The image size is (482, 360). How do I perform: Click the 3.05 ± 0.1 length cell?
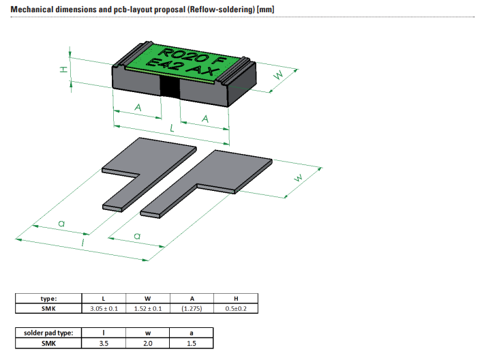tap(103, 308)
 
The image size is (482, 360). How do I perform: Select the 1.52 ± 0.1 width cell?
tap(147, 308)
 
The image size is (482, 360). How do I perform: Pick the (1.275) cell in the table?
tap(192, 308)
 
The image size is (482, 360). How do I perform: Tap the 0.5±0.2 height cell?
tap(236, 308)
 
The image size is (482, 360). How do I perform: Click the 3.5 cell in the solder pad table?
tap(103, 343)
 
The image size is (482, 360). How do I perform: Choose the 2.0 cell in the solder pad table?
tap(147, 343)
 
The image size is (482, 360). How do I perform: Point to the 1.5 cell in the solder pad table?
tap(192, 343)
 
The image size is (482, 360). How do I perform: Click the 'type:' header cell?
tap(48, 298)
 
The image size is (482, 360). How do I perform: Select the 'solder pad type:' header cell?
tap(48, 333)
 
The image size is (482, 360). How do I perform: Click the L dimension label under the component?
tap(172, 127)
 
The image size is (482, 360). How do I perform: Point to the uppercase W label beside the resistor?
tap(277, 76)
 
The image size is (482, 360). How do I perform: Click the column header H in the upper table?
tap(236, 298)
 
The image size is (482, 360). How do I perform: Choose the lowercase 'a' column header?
tap(192, 333)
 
